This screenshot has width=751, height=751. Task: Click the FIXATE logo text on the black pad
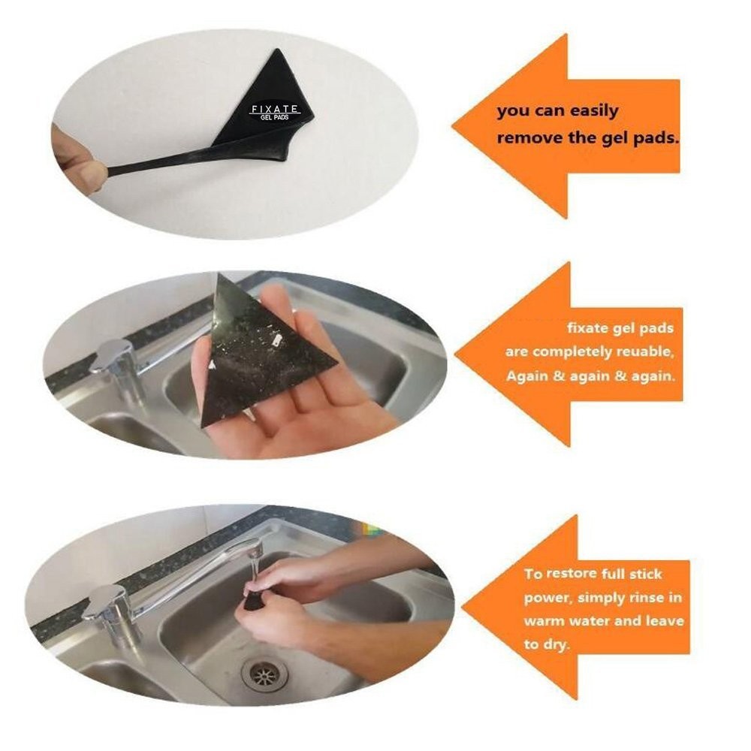point(275,110)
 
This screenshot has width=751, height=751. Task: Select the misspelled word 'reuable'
point(644,352)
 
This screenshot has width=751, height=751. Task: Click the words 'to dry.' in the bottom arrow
point(547,644)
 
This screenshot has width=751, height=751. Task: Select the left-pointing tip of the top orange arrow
point(454,127)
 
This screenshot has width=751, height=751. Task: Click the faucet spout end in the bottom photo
point(255,547)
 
